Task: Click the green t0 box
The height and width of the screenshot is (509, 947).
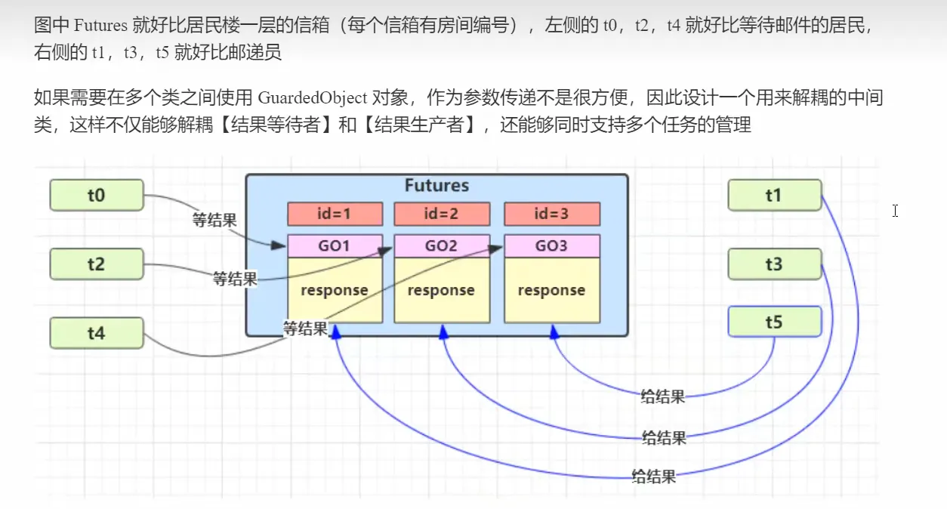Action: (x=96, y=196)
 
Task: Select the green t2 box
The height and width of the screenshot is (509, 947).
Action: (x=96, y=264)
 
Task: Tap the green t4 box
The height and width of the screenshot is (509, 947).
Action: (x=96, y=333)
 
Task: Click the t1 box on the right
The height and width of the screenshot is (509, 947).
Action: (x=774, y=196)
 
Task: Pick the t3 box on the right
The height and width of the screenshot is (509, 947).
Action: (x=774, y=264)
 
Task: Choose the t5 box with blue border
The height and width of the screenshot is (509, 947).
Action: (x=774, y=322)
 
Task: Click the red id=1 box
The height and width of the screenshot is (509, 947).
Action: (x=335, y=214)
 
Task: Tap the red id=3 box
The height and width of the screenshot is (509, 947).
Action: (x=551, y=214)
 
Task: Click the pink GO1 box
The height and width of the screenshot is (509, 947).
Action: (x=335, y=246)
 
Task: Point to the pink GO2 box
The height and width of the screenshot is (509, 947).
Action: (x=442, y=246)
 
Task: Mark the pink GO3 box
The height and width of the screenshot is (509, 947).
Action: (x=551, y=246)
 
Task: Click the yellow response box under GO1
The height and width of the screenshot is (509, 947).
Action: (x=335, y=291)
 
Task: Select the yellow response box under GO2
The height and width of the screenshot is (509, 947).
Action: (x=442, y=291)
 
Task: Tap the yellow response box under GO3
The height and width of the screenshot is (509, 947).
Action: (x=551, y=291)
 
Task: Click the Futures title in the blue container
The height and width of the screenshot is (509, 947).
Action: (x=436, y=186)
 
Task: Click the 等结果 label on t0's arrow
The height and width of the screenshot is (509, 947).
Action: (x=214, y=221)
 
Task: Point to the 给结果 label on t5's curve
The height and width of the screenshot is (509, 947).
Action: (x=662, y=396)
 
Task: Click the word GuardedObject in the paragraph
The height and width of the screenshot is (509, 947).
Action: (x=313, y=97)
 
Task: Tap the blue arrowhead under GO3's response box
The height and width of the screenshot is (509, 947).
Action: (x=554, y=330)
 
